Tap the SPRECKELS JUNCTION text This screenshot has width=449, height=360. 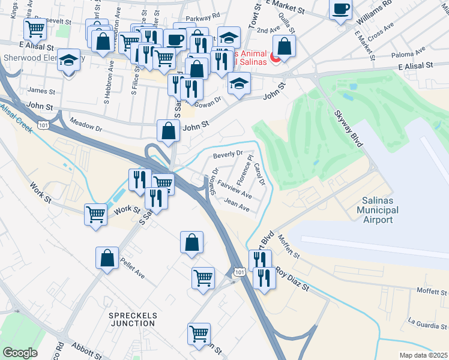click(132, 319)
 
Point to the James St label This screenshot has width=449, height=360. click(41, 91)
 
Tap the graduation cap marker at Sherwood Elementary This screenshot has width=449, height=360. click(69, 61)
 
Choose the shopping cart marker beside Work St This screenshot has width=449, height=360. click(96, 214)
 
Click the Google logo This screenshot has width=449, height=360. click(20, 353)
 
